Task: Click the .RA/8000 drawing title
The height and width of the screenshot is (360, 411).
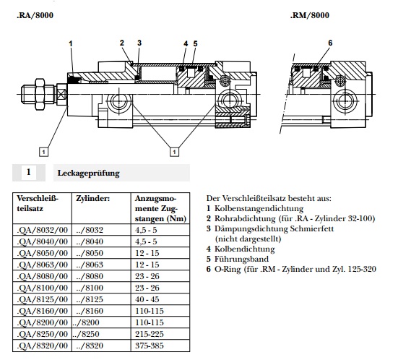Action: point(35,15)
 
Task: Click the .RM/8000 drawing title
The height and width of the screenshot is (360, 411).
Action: point(310,15)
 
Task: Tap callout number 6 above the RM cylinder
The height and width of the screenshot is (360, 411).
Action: point(330,43)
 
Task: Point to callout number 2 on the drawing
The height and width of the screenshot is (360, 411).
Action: point(122,43)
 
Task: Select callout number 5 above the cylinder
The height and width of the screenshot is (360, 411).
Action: point(195,43)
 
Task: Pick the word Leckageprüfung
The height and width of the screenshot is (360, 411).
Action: point(89,173)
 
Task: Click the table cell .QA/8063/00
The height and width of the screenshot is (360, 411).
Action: point(43,265)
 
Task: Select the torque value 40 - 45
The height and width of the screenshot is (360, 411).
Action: point(147,299)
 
